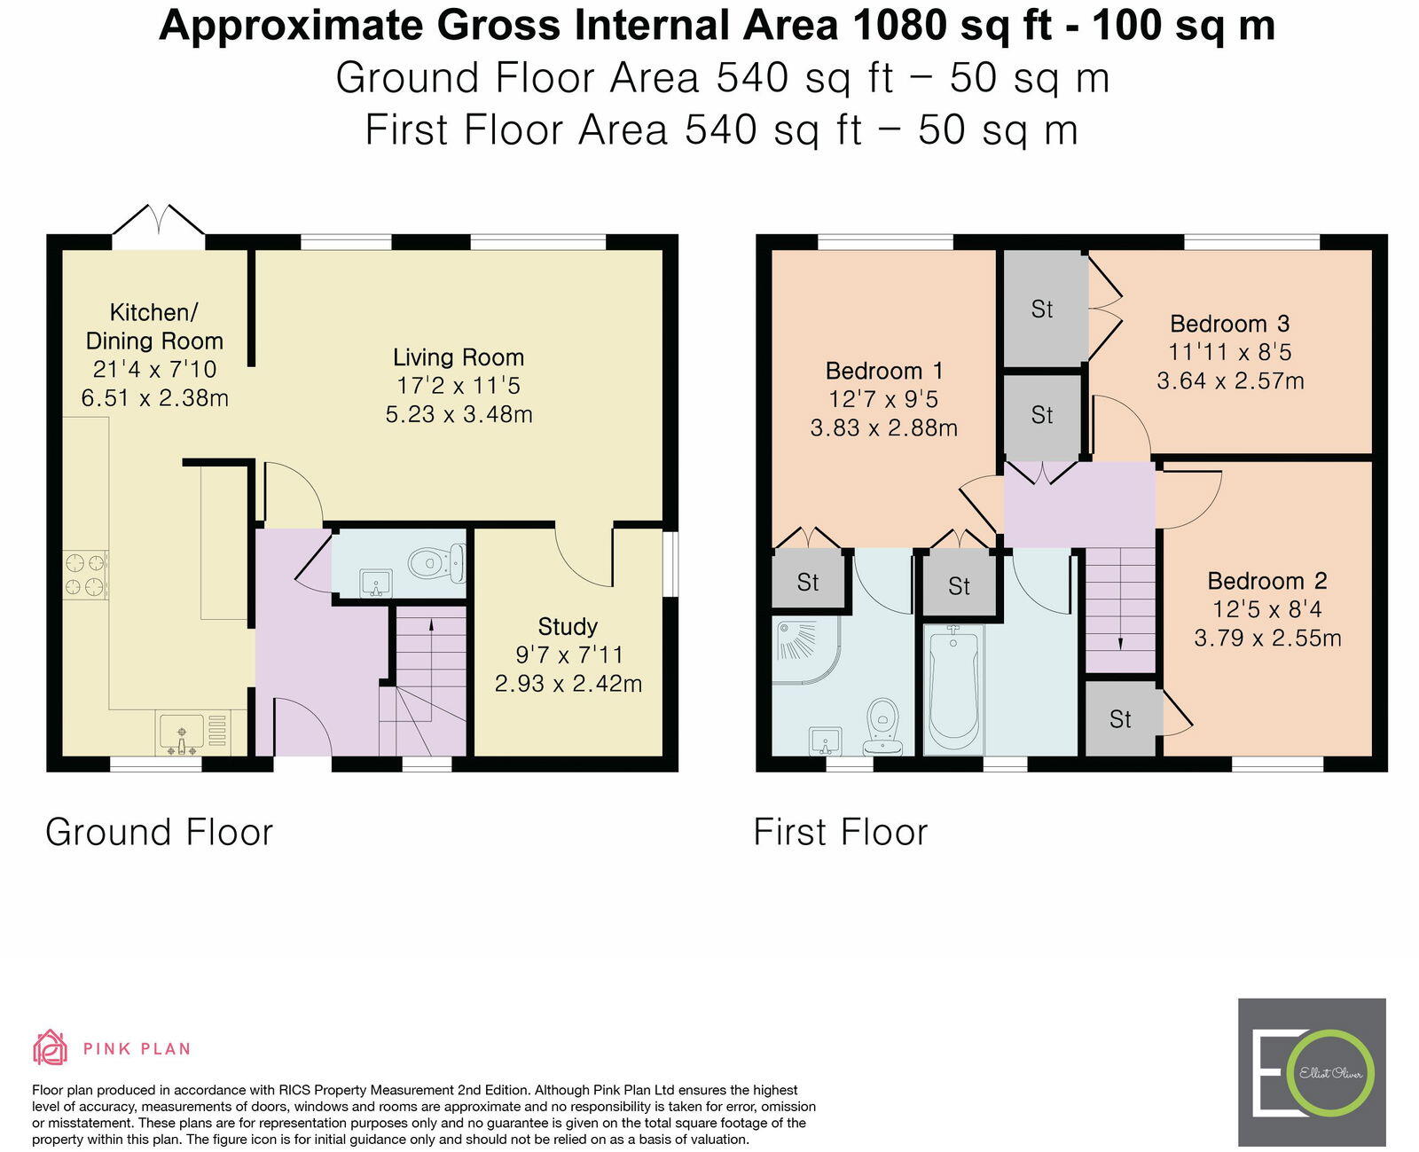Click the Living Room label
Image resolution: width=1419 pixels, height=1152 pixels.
[x=459, y=357]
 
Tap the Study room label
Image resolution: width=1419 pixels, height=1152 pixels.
[x=568, y=627]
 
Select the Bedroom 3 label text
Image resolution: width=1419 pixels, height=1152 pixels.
[x=1229, y=324]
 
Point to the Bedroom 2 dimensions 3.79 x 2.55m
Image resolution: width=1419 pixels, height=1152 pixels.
[x=1267, y=639]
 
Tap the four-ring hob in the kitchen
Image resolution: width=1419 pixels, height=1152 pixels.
[x=85, y=574]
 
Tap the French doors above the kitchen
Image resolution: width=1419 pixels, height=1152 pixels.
[x=158, y=221]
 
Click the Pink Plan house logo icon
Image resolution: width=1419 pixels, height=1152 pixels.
[x=50, y=1047]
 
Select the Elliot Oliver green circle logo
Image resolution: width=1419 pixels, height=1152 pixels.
[x=1330, y=1072]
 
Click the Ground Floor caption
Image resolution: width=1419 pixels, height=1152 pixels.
[x=159, y=833]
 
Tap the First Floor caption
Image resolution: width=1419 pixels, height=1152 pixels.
[x=840, y=833]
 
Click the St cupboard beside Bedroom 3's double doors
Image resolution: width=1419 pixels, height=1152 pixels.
[x=1042, y=310]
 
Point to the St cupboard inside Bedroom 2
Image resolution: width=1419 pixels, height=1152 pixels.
[x=1120, y=719]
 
